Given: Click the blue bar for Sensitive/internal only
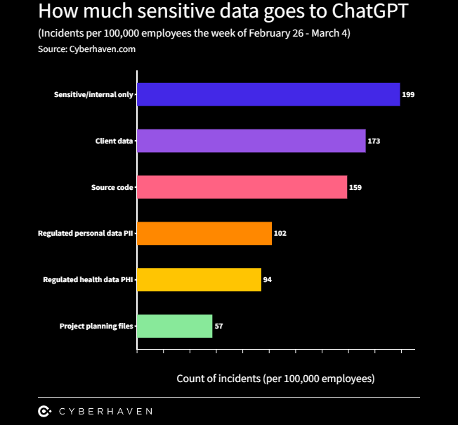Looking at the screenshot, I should pyautogui.click(x=268, y=94).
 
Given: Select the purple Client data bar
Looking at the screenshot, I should pyautogui.click(x=251, y=141).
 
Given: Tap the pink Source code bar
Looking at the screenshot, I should pyautogui.click(x=242, y=187).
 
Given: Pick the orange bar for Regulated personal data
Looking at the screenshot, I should pyautogui.click(x=204, y=234).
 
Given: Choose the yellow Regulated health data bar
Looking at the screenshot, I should pyautogui.click(x=199, y=279).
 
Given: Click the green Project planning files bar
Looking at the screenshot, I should pyautogui.click(x=175, y=326).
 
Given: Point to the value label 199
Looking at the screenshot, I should pyautogui.click(x=408, y=94).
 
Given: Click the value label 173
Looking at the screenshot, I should pyautogui.click(x=374, y=141).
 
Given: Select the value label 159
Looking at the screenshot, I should pyautogui.click(x=355, y=187).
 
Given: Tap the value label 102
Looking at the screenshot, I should pyautogui.click(x=280, y=234).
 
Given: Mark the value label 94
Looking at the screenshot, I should pyautogui.click(x=268, y=279).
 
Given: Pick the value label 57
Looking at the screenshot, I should pyautogui.click(x=219, y=326).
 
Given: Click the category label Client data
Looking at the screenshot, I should pyautogui.click(x=114, y=141).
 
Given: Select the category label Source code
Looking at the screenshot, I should pyautogui.click(x=112, y=187).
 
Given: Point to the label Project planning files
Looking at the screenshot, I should pyautogui.click(x=96, y=326).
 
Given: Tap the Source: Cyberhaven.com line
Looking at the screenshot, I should pyautogui.click(x=86, y=49).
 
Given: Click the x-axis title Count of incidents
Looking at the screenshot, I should pyautogui.click(x=275, y=379).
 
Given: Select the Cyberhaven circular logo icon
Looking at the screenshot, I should pyautogui.click(x=44, y=411).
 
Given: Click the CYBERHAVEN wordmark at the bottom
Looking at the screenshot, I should pyautogui.click(x=105, y=411).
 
